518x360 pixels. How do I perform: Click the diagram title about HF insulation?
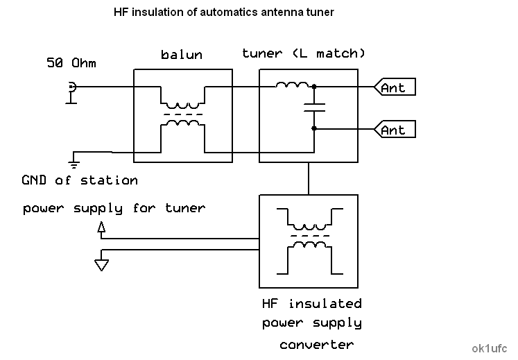[x=223, y=12]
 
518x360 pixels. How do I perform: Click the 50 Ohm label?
[x=71, y=63]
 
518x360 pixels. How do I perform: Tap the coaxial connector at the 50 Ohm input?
[x=71, y=87]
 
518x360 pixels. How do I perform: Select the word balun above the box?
[x=182, y=55]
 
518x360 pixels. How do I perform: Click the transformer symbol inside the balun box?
[x=183, y=114]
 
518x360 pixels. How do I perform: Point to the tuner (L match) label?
[x=304, y=53]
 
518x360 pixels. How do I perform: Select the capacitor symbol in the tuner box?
[x=314, y=107]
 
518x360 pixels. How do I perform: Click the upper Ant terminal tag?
[x=395, y=87]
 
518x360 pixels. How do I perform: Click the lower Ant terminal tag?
[x=395, y=130]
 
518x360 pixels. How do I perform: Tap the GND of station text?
[x=80, y=180]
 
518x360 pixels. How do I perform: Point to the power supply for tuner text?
[x=114, y=208]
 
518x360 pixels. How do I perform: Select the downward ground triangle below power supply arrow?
[x=102, y=263]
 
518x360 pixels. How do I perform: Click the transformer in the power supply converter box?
[x=309, y=240]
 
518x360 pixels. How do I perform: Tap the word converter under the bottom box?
[x=317, y=344]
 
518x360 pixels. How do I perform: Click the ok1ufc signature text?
[x=489, y=347]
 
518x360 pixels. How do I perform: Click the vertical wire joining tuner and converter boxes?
[x=309, y=178]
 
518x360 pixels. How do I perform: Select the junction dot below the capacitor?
[x=314, y=128]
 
